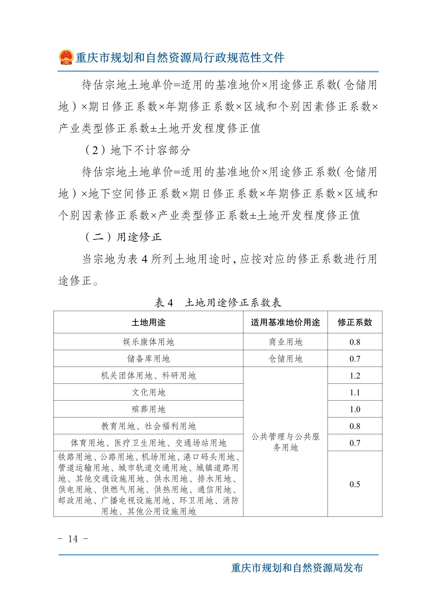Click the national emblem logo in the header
pyautogui.click(x=66, y=57)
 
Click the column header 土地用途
pyautogui.click(x=148, y=323)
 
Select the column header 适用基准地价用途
pyautogui.click(x=285, y=323)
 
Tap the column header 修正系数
pyautogui.click(x=355, y=323)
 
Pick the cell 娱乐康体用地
pyautogui.click(x=148, y=342)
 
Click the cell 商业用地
pyautogui.click(x=285, y=342)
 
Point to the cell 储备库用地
pyautogui.click(x=148, y=359)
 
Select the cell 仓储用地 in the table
pyautogui.click(x=285, y=359)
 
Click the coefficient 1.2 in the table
pyautogui.click(x=355, y=376)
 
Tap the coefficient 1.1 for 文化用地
pyautogui.click(x=355, y=393)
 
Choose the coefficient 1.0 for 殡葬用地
pyautogui.click(x=355, y=409)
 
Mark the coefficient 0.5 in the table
pyautogui.click(x=355, y=484)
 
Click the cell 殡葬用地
pyautogui.click(x=148, y=409)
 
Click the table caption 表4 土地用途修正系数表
pyautogui.click(x=218, y=303)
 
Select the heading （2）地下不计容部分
pyautogui.click(x=137, y=151)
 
